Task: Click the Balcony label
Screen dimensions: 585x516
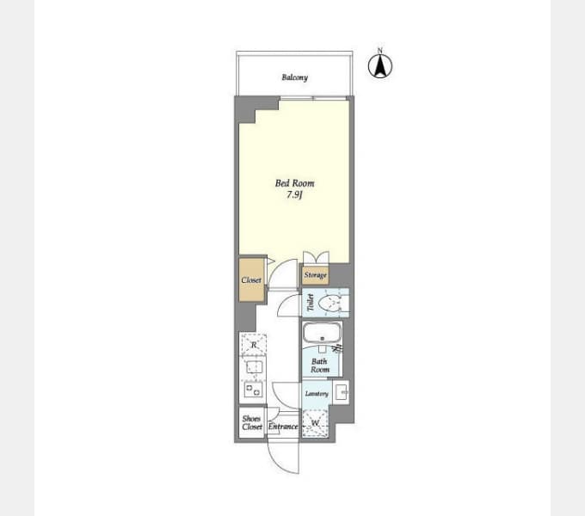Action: [x=295, y=77]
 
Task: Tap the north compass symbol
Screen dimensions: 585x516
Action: [x=379, y=66]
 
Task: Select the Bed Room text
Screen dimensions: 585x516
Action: [x=295, y=183]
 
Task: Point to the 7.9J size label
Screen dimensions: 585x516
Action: [x=294, y=194]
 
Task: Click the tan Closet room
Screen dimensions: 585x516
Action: [x=251, y=279]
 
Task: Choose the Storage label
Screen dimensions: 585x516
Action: [x=315, y=275]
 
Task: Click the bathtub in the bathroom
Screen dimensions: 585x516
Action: [x=322, y=334]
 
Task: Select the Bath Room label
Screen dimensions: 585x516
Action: [x=320, y=365]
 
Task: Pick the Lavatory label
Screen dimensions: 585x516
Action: [x=317, y=394]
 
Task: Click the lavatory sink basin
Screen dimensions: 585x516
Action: [x=342, y=393]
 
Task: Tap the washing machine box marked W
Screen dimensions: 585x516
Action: [x=315, y=423]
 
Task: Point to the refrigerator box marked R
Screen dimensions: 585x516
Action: [x=253, y=345]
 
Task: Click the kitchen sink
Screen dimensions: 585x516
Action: [x=254, y=367]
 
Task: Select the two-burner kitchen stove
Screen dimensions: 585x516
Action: [x=253, y=390]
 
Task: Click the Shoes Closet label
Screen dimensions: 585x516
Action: [x=252, y=423]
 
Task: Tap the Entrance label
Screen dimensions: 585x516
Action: [x=283, y=427]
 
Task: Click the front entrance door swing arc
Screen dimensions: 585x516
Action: [x=278, y=464]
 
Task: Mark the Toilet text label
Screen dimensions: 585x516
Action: [x=310, y=303]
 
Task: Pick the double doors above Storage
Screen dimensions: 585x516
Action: [x=316, y=258]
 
